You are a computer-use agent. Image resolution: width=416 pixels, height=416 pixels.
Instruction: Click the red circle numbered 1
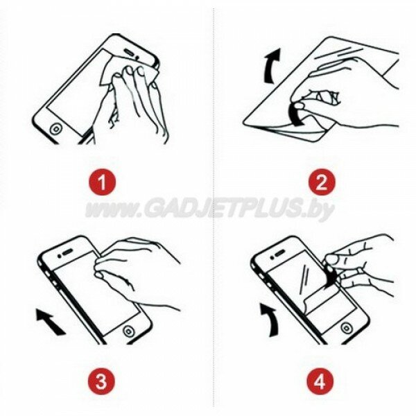pos(102,182)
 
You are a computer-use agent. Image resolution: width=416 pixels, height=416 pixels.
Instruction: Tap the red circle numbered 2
pos(322,182)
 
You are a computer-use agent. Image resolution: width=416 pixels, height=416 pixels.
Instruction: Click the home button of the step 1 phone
pos(56,129)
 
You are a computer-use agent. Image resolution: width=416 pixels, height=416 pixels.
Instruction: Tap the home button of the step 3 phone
pos(128,331)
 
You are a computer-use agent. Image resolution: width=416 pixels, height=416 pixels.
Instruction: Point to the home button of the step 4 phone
pos(346,328)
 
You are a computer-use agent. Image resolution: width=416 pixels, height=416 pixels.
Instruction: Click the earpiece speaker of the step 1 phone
pos(130,52)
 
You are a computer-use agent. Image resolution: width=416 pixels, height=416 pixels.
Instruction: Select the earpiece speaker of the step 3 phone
pos(67,252)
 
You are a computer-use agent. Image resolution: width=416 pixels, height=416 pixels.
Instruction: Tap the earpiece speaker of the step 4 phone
pos(280,254)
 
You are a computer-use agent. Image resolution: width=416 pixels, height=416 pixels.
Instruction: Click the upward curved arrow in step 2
pos(271,67)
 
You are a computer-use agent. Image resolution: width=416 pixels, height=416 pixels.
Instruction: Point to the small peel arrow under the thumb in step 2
pos(296,115)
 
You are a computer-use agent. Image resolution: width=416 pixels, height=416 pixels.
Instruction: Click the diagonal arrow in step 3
pos(51,322)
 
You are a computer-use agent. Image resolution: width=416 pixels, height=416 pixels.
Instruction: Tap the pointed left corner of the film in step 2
pos(244,123)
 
